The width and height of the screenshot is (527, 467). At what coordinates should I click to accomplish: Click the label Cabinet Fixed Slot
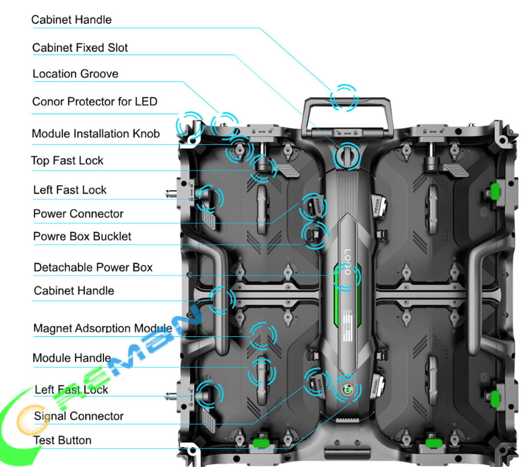coord(80,47)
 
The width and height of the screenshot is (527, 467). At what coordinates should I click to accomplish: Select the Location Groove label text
coord(75,74)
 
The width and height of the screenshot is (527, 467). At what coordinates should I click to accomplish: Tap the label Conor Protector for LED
coord(95,101)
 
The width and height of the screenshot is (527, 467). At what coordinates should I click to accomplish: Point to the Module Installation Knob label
coord(95,134)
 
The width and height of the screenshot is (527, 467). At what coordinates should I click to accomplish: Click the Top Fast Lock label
coord(67,161)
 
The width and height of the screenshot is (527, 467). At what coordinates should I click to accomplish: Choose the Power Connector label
coord(78,213)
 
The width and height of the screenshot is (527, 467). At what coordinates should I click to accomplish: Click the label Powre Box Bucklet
coord(82,236)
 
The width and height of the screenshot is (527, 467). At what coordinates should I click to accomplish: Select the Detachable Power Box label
coord(93,267)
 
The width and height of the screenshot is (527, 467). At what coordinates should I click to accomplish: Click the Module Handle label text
coord(72,358)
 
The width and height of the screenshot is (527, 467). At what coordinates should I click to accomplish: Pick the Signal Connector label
coord(79,416)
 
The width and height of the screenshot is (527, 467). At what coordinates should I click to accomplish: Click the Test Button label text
coord(62,440)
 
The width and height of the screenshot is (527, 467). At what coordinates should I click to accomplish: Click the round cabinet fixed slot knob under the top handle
coord(346,155)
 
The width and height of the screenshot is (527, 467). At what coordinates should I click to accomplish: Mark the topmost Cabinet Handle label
coord(72,20)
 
